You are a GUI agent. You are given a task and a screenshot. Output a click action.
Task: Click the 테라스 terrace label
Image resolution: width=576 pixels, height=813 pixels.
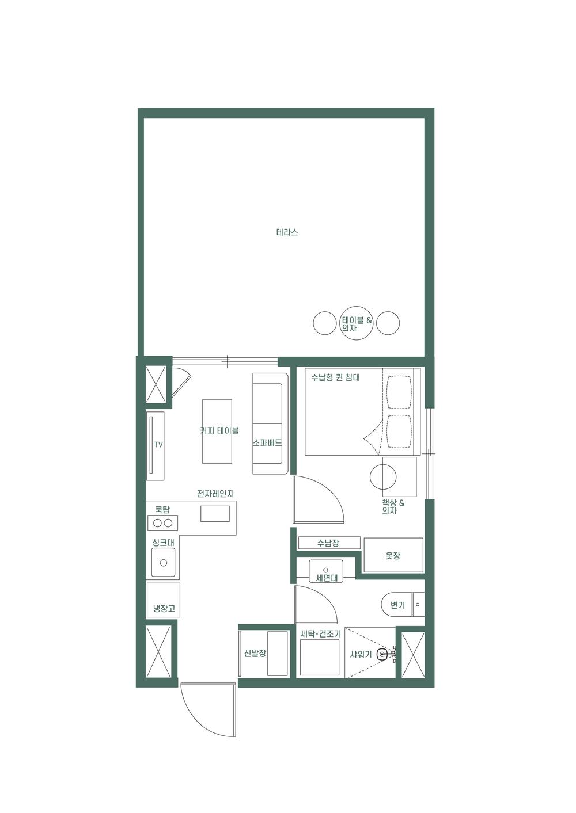click(x=287, y=233)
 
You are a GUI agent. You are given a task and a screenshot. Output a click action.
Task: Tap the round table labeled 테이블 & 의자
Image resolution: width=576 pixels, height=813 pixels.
click(x=357, y=323)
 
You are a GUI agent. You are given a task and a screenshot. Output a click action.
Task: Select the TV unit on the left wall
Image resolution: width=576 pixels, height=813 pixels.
click(x=155, y=445)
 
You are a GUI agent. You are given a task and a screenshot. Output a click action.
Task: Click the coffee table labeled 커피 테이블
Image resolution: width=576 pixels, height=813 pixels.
click(x=217, y=431)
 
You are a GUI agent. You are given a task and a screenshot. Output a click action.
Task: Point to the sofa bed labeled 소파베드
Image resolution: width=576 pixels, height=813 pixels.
click(x=270, y=423)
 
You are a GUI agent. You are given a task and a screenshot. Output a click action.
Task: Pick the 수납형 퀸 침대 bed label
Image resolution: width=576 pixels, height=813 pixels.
click(x=335, y=378)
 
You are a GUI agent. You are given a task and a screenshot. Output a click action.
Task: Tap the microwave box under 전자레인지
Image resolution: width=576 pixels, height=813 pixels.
click(x=215, y=513)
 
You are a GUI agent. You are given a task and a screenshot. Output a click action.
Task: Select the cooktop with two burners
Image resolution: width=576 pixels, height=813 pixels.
click(x=162, y=523)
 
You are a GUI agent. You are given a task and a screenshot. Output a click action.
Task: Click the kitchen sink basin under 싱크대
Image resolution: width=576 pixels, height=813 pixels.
click(x=164, y=563)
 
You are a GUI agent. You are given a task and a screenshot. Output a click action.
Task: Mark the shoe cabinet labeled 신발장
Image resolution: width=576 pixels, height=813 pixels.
click(x=264, y=654)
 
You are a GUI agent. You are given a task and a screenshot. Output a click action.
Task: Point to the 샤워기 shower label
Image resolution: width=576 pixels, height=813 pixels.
click(x=361, y=655)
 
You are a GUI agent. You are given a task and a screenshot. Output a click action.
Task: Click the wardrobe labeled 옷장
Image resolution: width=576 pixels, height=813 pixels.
click(x=393, y=555)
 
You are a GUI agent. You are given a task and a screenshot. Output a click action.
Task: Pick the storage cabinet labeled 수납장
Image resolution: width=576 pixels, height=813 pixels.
click(x=328, y=543)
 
